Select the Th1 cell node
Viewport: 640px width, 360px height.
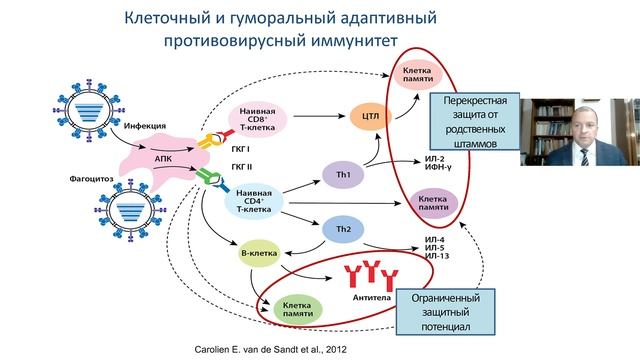pyautogui.click(x=343, y=176)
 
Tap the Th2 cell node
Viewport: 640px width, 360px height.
pyautogui.click(x=343, y=229)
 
